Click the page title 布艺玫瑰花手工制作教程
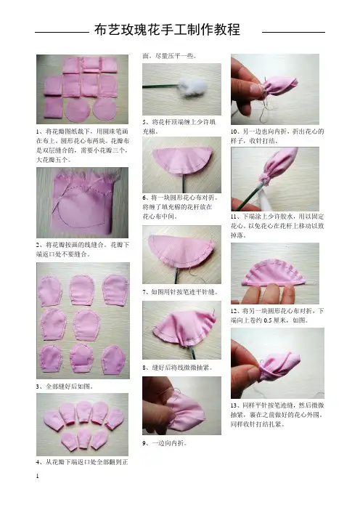tap(168, 30)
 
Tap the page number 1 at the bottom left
tap(37, 476)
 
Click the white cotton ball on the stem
tap(193, 87)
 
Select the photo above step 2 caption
tap(82, 203)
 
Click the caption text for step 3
tap(65, 386)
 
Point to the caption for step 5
tap(179, 126)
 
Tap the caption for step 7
tap(180, 292)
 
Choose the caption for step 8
tap(178, 368)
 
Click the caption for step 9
tap(165, 443)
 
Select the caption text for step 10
tap(277, 136)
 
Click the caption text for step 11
tap(277, 226)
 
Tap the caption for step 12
tap(277, 315)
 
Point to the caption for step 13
tap(277, 415)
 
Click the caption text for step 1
tap(83, 145)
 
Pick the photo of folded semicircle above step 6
tap(181, 165)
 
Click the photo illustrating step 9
tap(181, 405)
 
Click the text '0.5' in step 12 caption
tap(268, 320)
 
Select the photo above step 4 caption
tap(82, 424)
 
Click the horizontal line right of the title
tap(293, 32)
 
